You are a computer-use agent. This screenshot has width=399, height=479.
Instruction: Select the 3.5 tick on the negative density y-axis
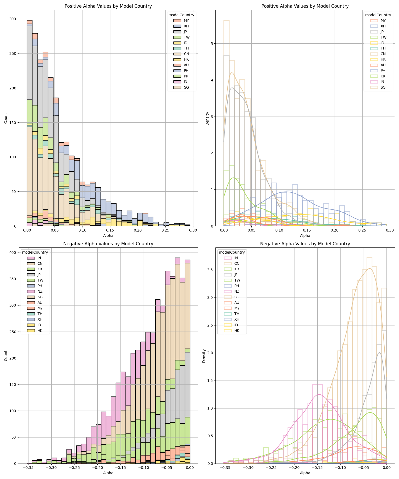[210, 270]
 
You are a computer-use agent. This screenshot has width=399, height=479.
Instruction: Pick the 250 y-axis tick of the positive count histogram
[13, 53]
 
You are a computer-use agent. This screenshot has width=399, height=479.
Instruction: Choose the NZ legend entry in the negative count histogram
[40, 291]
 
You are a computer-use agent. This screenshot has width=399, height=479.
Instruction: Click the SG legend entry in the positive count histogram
[186, 87]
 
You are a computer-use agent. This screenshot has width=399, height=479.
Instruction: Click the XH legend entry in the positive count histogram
[186, 26]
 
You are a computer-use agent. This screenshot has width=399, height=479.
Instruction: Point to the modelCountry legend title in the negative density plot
[232, 252]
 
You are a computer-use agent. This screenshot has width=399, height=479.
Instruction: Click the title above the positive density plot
[305, 6]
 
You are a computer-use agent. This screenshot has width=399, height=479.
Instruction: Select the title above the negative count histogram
[108, 244]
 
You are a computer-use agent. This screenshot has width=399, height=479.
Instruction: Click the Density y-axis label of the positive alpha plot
[207, 118]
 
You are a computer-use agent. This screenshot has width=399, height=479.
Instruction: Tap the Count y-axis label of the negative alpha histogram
[6, 356]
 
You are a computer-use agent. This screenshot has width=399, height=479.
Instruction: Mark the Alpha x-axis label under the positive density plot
[305, 236]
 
